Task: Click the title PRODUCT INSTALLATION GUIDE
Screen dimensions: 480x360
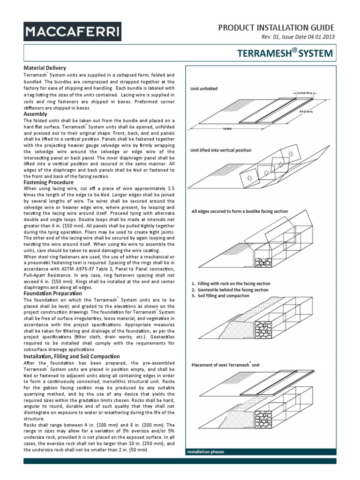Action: pyautogui.click(x=277, y=28)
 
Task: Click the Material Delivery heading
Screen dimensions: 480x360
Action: pyautogui.click(x=45, y=68)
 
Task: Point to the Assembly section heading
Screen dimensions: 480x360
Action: pyautogui.click(x=35, y=114)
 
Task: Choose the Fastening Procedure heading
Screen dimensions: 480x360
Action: pyautogui.click(x=48, y=182)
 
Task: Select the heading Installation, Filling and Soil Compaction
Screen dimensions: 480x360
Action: pyautogui.click(x=72, y=357)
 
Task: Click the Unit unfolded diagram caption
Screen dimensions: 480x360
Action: pyautogui.click(x=204, y=89)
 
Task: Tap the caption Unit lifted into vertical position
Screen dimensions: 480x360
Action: pyautogui.click(x=221, y=150)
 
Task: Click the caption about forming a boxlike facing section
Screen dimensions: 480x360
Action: pyautogui.click(x=240, y=212)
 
